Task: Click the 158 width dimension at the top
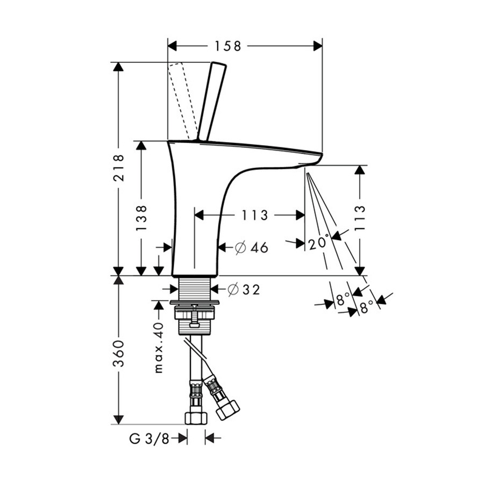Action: (x=228, y=46)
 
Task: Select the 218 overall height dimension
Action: (x=118, y=168)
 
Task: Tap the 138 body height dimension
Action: (x=141, y=217)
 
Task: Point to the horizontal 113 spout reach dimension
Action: (x=254, y=215)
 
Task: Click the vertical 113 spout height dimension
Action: (x=359, y=217)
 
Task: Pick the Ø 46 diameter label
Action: (x=251, y=247)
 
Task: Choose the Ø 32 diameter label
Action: (x=244, y=289)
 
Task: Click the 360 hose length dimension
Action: (x=118, y=353)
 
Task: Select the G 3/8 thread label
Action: (x=150, y=439)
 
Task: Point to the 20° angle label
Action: (x=318, y=243)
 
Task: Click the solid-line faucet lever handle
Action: (x=211, y=102)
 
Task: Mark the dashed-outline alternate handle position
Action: (x=183, y=101)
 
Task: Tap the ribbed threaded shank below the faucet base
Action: (x=195, y=288)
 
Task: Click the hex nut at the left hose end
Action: (x=196, y=419)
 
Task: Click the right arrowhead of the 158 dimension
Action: (x=318, y=46)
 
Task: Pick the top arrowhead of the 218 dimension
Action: (x=118, y=67)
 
